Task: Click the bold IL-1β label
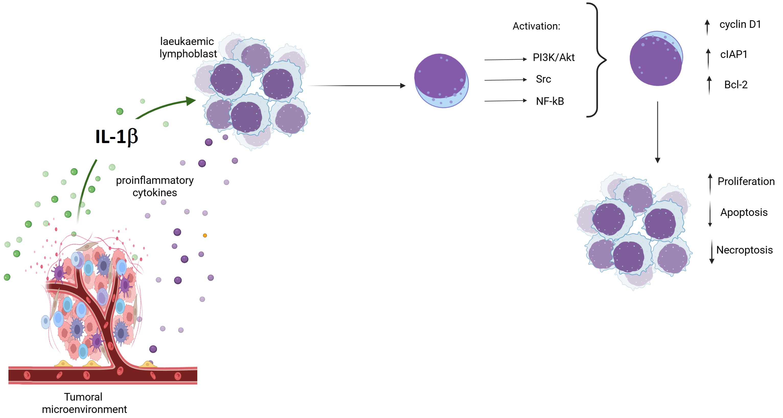pyautogui.click(x=117, y=136)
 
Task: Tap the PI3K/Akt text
pyautogui.click(x=554, y=57)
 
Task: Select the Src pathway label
pyautogui.click(x=543, y=79)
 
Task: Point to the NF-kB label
pyautogui.click(x=550, y=101)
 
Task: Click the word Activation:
pyautogui.click(x=536, y=26)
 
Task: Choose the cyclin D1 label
pyautogui.click(x=740, y=24)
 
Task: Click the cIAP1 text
pyautogui.click(x=733, y=54)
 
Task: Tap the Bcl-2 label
pyautogui.click(x=735, y=85)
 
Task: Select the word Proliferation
pyautogui.click(x=746, y=181)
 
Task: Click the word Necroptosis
pyautogui.click(x=744, y=250)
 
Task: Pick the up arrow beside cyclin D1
pyautogui.click(x=707, y=27)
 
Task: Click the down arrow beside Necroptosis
pyautogui.click(x=711, y=252)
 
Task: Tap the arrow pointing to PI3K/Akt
pyautogui.click(x=505, y=60)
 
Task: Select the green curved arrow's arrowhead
pyautogui.click(x=191, y=101)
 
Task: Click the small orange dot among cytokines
pyautogui.click(x=205, y=235)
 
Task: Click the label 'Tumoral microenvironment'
pyautogui.click(x=84, y=403)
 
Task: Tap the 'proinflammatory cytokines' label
pyautogui.click(x=155, y=186)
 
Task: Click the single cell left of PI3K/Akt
pyautogui.click(x=441, y=80)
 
